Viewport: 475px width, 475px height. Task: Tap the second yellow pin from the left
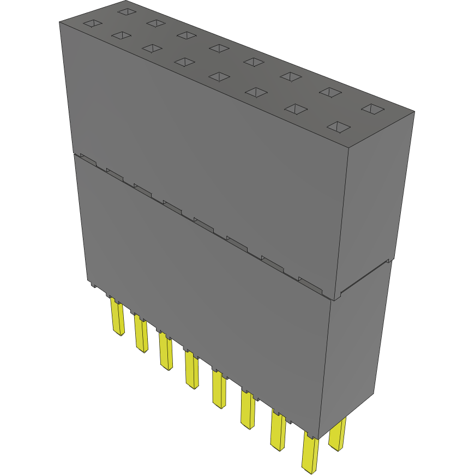141,334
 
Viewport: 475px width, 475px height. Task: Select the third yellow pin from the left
166,352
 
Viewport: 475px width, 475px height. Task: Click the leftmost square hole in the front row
92,23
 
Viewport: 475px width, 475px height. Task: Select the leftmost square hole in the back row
127,11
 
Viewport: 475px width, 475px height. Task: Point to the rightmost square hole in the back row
373,109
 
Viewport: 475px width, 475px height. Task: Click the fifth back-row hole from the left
253,61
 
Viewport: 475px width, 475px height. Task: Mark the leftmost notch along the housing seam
88,159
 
